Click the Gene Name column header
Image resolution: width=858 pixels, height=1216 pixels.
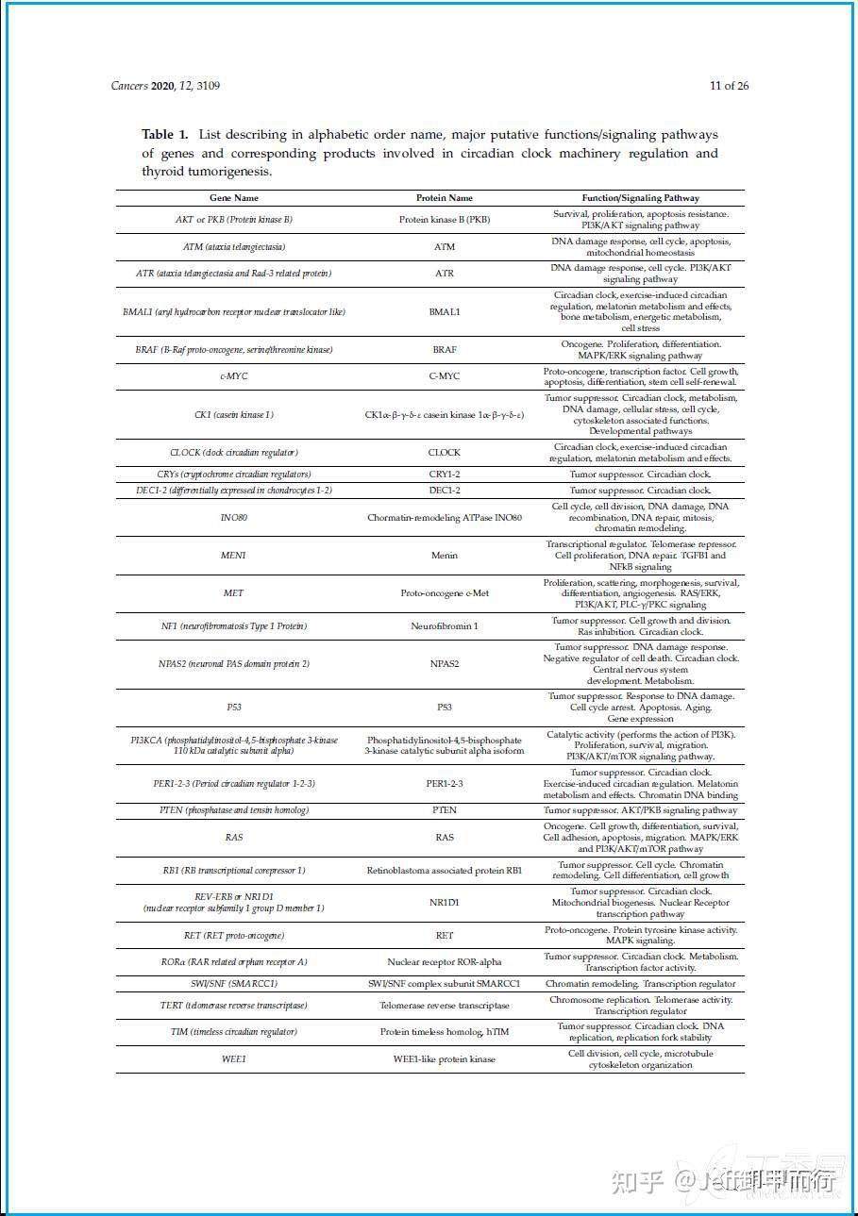point(233,198)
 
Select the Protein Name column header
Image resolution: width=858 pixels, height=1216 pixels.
point(445,198)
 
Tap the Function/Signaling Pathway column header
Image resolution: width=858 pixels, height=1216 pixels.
point(641,198)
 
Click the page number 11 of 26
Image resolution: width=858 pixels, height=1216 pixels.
point(729,86)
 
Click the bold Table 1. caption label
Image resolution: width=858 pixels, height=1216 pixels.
point(165,135)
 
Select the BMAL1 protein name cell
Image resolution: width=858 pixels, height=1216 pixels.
point(445,311)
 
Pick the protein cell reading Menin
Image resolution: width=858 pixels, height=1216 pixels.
point(445,556)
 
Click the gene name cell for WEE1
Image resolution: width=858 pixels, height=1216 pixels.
point(233,1059)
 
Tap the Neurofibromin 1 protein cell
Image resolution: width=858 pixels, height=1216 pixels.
point(445,626)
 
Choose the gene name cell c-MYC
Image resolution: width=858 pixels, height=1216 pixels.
point(233,376)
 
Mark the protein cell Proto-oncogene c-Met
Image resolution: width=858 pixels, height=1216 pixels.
point(445,593)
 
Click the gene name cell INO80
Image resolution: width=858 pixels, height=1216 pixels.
point(233,518)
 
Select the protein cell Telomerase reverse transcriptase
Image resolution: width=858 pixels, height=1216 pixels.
point(445,1006)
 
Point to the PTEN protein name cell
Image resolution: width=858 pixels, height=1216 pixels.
point(445,810)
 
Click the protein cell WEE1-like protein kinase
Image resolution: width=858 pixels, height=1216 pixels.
point(445,1059)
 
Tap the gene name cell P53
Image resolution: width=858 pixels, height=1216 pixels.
point(233,708)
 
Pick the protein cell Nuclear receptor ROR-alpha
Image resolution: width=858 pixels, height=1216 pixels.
point(445,962)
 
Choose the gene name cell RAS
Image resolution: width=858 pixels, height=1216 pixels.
point(233,837)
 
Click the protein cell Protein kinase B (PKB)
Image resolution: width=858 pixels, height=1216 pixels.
point(445,220)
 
